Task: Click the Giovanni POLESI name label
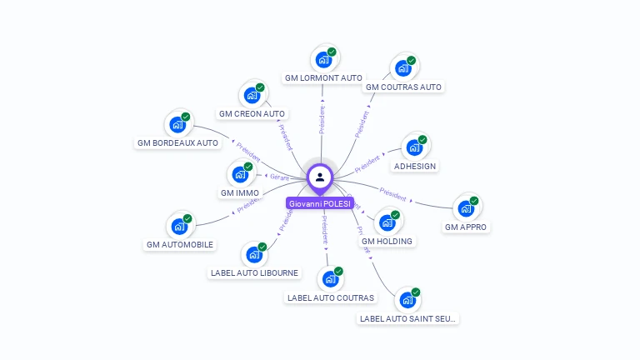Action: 320,203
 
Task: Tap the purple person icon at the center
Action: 320,177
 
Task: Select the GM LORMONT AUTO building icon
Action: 322,60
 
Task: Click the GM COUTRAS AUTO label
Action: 404,87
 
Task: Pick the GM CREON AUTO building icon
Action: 251,95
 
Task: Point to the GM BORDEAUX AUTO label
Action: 177,142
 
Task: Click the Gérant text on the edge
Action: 278,177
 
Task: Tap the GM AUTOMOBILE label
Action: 180,244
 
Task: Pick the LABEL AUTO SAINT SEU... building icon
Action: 407,300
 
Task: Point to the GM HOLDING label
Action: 387,241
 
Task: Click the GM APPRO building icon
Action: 465,208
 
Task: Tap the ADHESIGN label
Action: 415,166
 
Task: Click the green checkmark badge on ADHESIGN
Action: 422,139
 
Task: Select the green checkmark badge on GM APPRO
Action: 474,200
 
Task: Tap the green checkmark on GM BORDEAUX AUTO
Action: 186,117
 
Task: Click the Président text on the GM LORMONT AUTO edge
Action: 322,120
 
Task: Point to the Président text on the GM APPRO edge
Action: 392,197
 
